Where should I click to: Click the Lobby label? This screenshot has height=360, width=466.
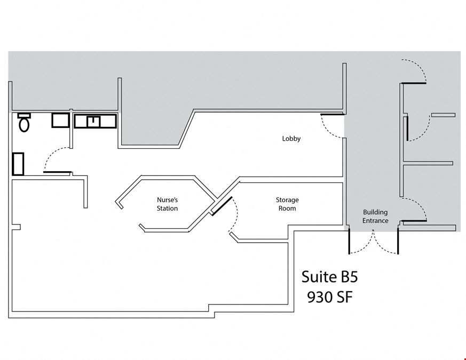[x=291, y=139]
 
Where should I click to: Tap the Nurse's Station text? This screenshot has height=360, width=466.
[x=167, y=204]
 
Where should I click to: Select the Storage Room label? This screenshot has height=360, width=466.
[x=287, y=204]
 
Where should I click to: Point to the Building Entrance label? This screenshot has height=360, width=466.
[x=375, y=216]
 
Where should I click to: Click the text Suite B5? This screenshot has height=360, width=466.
[x=329, y=277]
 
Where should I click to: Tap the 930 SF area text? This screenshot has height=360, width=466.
[x=329, y=297]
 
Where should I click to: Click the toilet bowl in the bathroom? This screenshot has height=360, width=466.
[x=24, y=124]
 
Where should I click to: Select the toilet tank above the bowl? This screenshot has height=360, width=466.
[x=24, y=115]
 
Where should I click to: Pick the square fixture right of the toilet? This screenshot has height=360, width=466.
[x=61, y=121]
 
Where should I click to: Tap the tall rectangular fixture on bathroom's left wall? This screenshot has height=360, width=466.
[x=18, y=164]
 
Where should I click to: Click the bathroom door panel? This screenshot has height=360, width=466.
[x=57, y=172]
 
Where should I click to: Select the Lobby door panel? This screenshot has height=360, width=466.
[x=332, y=114]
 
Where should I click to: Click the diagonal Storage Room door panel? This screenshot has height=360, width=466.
[x=222, y=206]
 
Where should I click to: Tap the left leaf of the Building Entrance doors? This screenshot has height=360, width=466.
[x=349, y=242]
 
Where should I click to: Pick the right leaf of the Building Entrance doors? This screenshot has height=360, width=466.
[x=398, y=242]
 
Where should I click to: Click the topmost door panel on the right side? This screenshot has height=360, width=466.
[x=413, y=83]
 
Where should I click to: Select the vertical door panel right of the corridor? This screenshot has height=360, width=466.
[x=407, y=129]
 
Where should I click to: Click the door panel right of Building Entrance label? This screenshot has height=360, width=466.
[x=414, y=221]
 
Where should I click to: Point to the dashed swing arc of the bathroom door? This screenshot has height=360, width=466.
[x=51, y=153]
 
